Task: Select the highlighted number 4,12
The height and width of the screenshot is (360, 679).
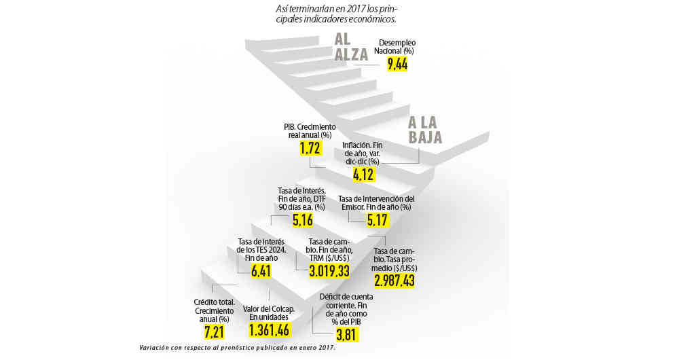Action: tap(364, 175)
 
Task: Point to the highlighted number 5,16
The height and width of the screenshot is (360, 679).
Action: tap(302, 220)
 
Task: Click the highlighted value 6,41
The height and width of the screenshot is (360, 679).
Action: tap(261, 272)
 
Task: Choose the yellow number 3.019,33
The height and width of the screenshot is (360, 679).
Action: tap(329, 272)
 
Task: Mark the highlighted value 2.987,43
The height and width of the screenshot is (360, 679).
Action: tap(394, 280)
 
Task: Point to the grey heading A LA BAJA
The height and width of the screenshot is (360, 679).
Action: tap(424, 130)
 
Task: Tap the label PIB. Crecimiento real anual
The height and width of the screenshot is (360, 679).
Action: tap(309, 131)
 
